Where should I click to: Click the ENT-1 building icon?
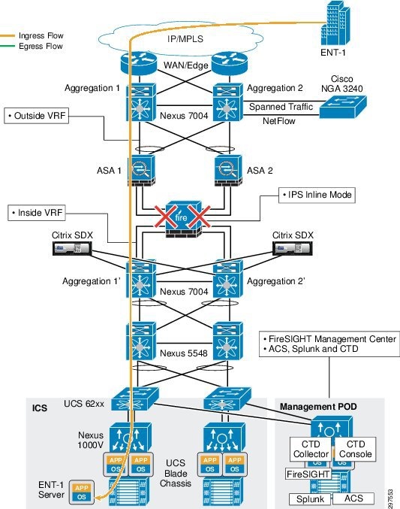[x=335, y=23]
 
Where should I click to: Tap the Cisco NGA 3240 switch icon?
[x=343, y=107]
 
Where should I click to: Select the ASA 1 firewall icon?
[x=141, y=171]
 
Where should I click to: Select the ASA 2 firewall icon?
[x=228, y=171]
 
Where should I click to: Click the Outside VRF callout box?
[x=36, y=116]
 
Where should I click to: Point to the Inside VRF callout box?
[x=37, y=213]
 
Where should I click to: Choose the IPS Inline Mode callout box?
[x=317, y=195]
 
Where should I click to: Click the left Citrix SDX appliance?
[x=72, y=249]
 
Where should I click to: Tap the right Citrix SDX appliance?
[x=293, y=249]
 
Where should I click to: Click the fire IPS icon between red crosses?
[x=183, y=220]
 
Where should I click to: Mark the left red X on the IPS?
[x=166, y=216]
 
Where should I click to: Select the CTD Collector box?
[x=311, y=449]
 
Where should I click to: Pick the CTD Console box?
[x=355, y=449]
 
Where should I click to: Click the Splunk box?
[x=310, y=499]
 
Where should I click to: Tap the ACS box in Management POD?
[x=353, y=498]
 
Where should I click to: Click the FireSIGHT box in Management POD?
[x=308, y=474]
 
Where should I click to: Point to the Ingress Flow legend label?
[x=41, y=35]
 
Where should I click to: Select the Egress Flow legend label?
[x=41, y=46]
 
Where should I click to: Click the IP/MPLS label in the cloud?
[x=185, y=39]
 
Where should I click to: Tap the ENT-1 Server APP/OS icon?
[x=82, y=492]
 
